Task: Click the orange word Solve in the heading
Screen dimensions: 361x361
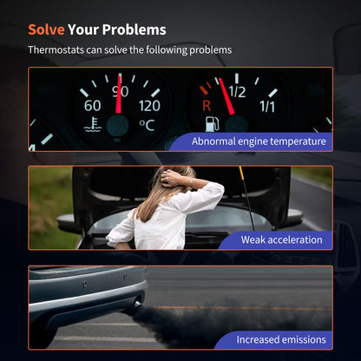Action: tap(46, 30)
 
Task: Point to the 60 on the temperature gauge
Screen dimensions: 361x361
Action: tap(93, 106)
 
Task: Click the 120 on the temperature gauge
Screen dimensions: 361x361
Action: tap(149, 106)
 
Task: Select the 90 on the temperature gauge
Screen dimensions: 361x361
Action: tap(121, 92)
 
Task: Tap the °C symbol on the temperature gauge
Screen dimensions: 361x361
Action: tap(147, 125)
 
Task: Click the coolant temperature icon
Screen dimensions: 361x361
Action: tap(93, 125)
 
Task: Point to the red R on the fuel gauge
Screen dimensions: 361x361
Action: tap(207, 106)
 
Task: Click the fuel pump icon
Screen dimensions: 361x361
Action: tap(212, 124)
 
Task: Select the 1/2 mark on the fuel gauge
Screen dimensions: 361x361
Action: tap(237, 92)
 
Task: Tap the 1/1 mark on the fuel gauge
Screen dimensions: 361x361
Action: tap(267, 106)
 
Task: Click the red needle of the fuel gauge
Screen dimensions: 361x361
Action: tap(226, 96)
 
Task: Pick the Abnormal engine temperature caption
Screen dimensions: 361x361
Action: tap(259, 141)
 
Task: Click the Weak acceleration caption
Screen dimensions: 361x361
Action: tap(281, 240)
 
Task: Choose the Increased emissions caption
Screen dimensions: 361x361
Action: tap(281, 339)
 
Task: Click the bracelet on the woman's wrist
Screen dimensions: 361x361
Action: tap(191, 182)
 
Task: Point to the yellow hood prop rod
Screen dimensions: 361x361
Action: tap(246, 198)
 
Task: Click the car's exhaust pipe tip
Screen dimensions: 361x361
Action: tap(136, 306)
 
